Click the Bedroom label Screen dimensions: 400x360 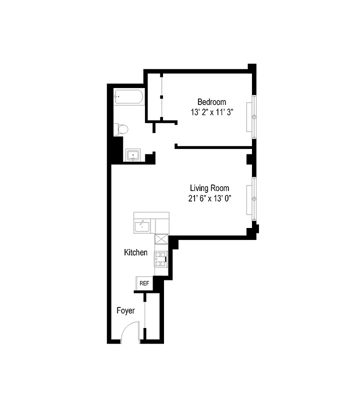[211, 101]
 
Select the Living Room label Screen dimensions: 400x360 [209, 188]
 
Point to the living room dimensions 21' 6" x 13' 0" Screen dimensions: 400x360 [209, 198]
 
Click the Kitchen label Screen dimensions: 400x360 [135, 252]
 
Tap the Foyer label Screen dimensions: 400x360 [126, 310]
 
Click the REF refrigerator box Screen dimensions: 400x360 [144, 283]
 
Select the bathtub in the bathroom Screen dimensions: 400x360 [128, 97]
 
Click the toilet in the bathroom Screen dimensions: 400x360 [121, 129]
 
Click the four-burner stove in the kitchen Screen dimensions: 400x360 [160, 257]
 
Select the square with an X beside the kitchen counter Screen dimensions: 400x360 [161, 239]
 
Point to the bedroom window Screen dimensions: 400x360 [254, 116]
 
